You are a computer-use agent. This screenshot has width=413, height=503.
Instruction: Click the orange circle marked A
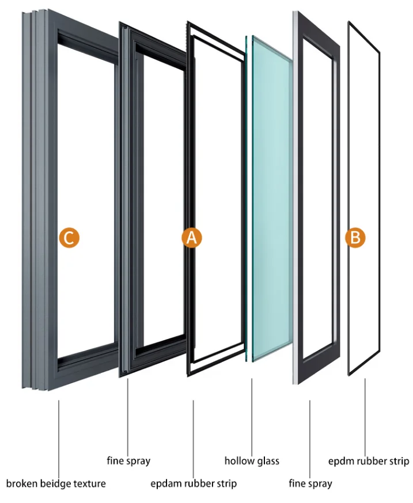[192, 238]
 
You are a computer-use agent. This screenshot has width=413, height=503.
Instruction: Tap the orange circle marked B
[355, 238]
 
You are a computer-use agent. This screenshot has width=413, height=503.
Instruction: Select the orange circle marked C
[68, 238]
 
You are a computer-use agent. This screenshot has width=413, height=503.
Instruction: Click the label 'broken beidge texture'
[56, 483]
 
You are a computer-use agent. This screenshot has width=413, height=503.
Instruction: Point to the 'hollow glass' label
[252, 460]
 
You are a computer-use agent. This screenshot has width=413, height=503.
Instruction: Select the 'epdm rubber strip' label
[369, 460]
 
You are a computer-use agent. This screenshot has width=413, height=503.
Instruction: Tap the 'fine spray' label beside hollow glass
[310, 483]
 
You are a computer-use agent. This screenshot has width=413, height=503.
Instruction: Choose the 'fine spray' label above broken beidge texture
[128, 460]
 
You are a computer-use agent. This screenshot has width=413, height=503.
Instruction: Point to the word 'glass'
[267, 460]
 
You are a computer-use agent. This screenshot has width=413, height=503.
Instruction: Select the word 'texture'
[89, 483]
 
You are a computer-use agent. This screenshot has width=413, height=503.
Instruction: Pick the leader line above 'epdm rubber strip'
[365, 414]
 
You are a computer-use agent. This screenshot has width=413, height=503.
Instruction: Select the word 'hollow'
[238, 460]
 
